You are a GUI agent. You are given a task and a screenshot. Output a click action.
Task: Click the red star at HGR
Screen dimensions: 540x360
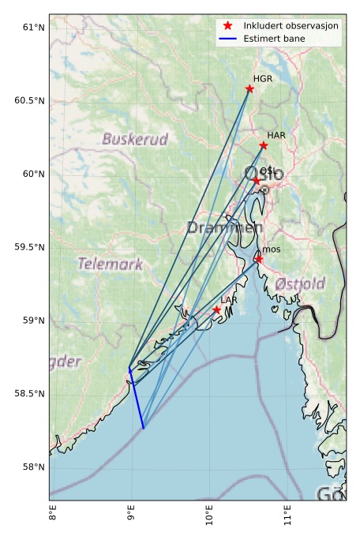(x=249, y=88)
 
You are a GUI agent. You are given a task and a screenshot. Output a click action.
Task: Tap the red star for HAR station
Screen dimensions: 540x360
(x=263, y=145)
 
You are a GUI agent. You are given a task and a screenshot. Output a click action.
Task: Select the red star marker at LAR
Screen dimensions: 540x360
(x=216, y=310)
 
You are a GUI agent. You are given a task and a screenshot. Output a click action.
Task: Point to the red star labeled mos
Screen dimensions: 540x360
(x=258, y=259)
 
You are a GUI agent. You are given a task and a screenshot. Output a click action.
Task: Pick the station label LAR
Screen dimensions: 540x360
(x=229, y=301)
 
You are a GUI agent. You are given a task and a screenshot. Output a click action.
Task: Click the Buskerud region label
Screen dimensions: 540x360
(x=135, y=140)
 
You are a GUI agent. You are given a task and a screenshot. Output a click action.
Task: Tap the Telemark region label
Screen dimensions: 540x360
(x=110, y=263)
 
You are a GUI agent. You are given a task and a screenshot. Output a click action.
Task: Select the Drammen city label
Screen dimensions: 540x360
(x=224, y=228)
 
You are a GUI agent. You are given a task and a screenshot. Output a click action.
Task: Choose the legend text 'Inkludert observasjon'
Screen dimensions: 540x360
(x=291, y=25)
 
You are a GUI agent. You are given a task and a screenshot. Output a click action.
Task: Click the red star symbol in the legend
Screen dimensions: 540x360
(x=227, y=25)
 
